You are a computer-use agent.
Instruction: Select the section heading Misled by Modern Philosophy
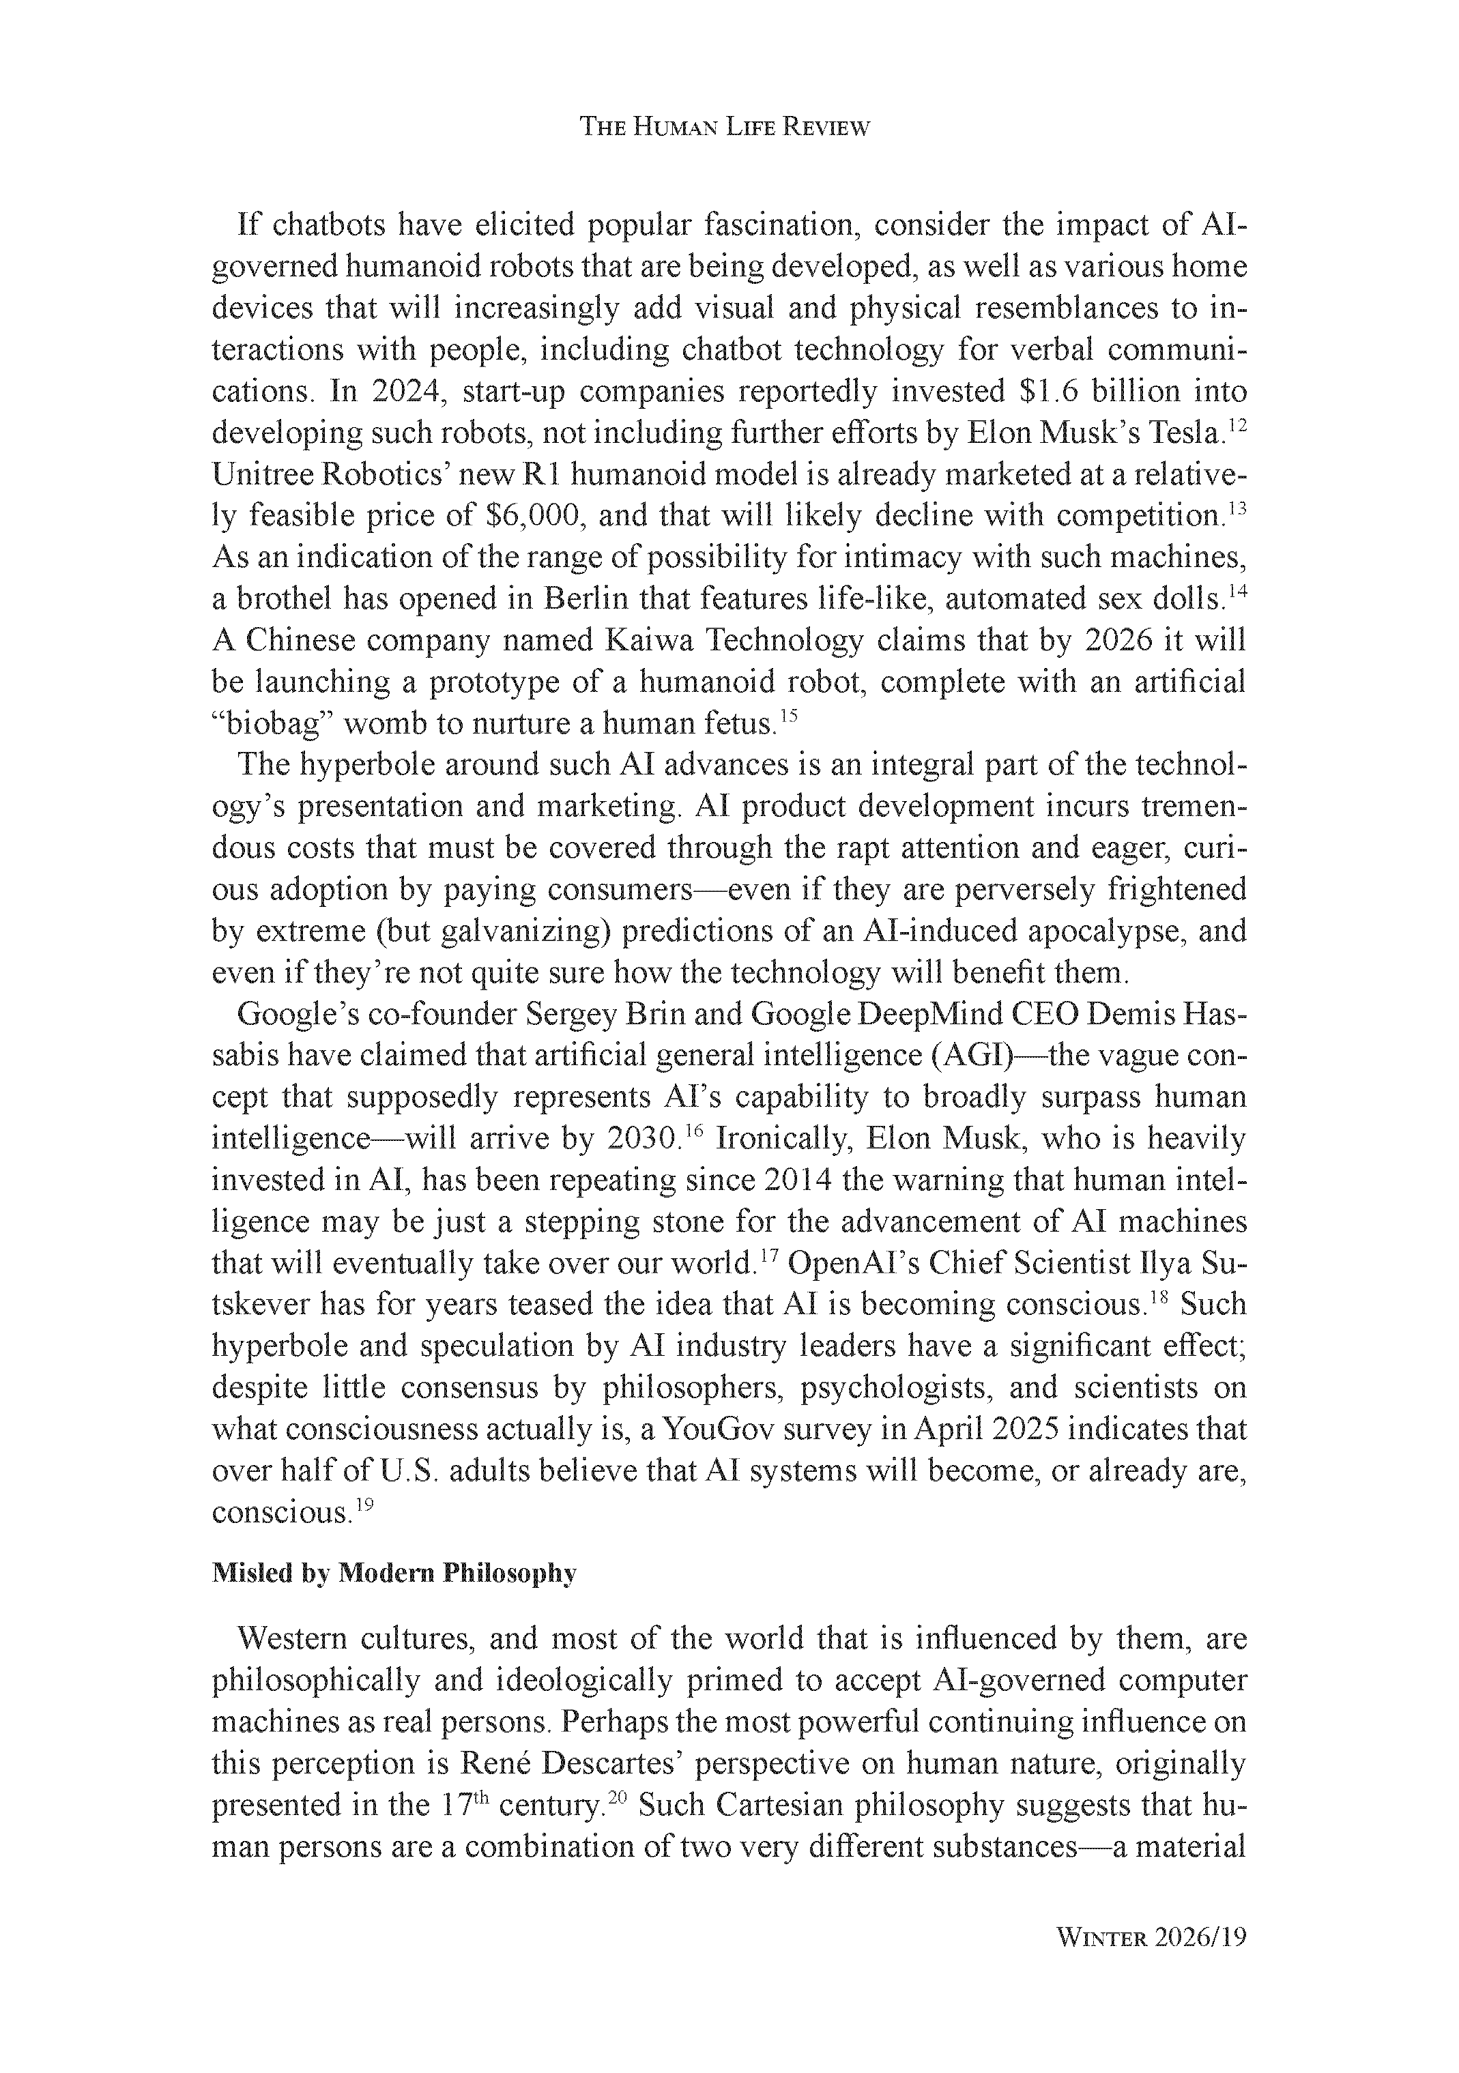[x=394, y=1574]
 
